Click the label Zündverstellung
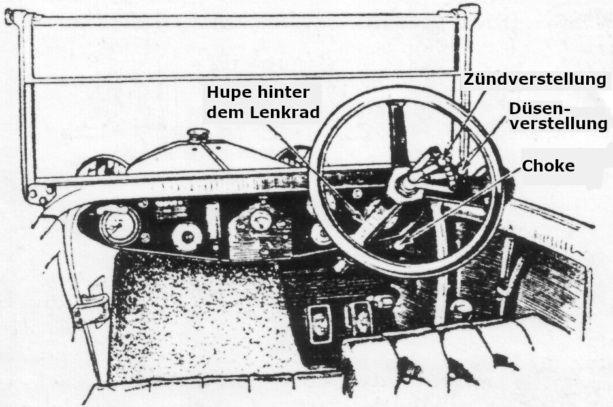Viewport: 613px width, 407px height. [535, 80]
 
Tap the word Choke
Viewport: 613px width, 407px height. [548, 166]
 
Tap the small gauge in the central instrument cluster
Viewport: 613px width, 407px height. [260, 220]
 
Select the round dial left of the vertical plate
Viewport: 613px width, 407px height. [187, 235]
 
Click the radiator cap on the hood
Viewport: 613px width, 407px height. [197, 136]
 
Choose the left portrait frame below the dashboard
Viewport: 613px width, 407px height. [319, 323]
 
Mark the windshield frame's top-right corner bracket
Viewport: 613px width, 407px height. [469, 14]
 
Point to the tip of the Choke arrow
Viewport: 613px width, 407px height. [400, 245]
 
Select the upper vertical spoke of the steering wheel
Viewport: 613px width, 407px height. [396, 130]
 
